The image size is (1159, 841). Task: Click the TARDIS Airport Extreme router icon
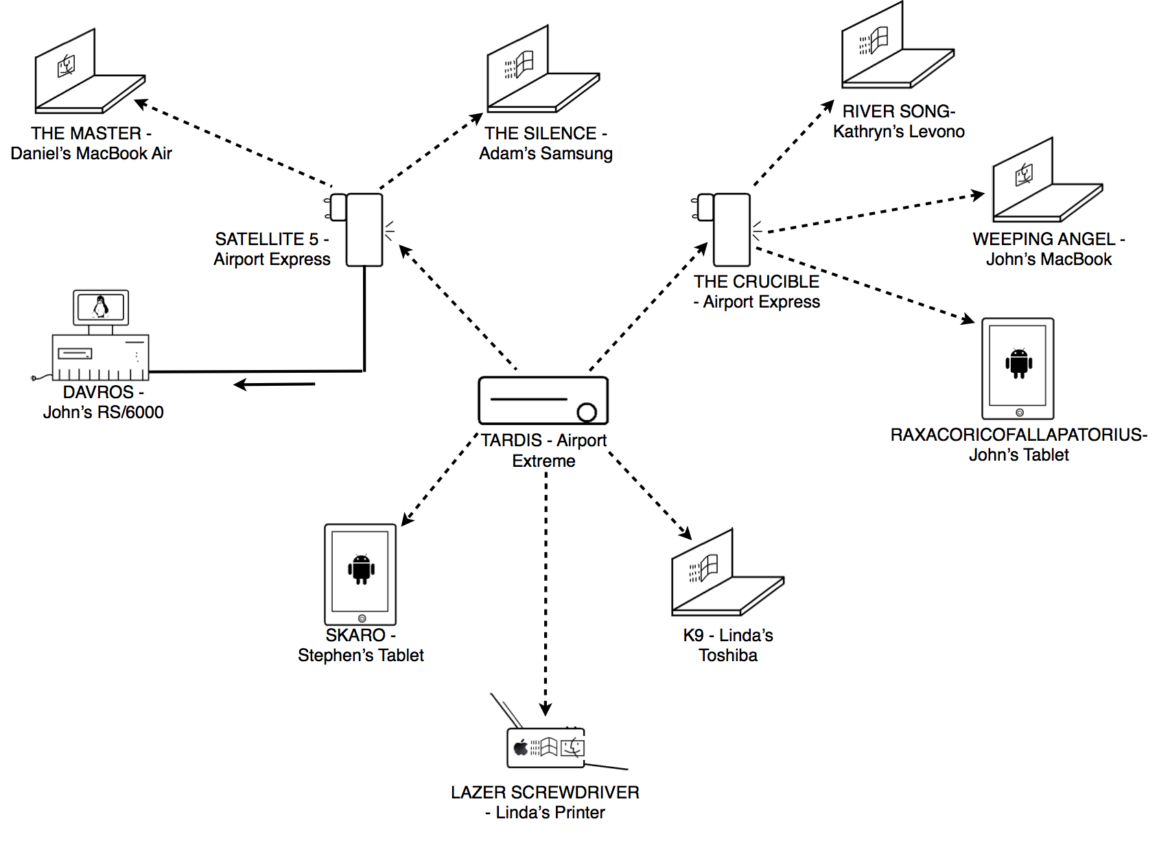[x=543, y=400]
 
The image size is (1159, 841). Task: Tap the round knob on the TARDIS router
[x=587, y=412]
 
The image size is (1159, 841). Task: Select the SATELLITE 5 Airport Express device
[x=364, y=229]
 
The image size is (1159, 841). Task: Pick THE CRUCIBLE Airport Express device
[x=731, y=229]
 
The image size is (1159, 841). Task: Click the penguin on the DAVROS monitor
[x=101, y=306]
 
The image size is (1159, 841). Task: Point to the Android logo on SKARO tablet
[x=361, y=569]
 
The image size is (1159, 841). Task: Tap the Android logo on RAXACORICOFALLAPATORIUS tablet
[x=1019, y=363]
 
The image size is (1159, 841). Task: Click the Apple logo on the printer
[x=521, y=747]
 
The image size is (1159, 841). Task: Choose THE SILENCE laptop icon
[x=542, y=72]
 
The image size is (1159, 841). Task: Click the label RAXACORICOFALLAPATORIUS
[x=1018, y=435]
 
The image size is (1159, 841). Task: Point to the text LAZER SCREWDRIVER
[x=545, y=792]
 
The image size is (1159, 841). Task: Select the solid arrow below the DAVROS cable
[x=274, y=384]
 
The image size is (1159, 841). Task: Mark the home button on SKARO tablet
[x=362, y=619]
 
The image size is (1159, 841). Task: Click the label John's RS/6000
[x=104, y=412]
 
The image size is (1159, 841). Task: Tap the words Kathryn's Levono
[x=899, y=131]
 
